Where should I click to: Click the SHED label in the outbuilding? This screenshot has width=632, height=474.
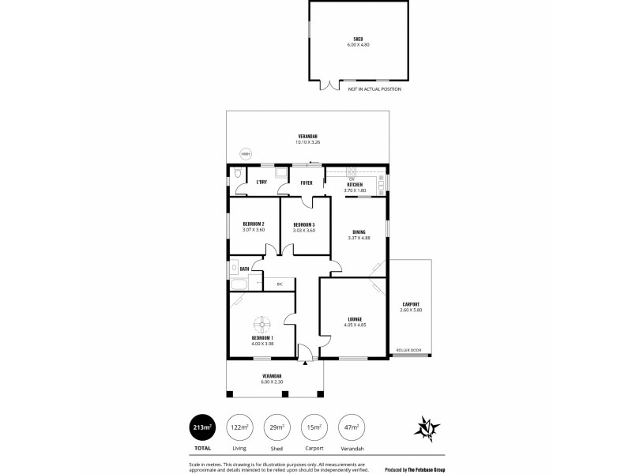[x=358, y=39]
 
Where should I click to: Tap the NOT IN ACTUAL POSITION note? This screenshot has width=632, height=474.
[x=374, y=89]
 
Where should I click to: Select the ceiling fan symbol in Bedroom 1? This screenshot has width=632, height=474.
[x=261, y=324]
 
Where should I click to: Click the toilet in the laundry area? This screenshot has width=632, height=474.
[x=236, y=173]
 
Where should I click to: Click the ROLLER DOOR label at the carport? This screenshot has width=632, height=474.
[x=408, y=350]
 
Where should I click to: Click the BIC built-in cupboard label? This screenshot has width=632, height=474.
[x=280, y=283]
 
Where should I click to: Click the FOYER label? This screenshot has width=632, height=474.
[x=306, y=183]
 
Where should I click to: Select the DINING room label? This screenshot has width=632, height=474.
[x=359, y=231]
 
